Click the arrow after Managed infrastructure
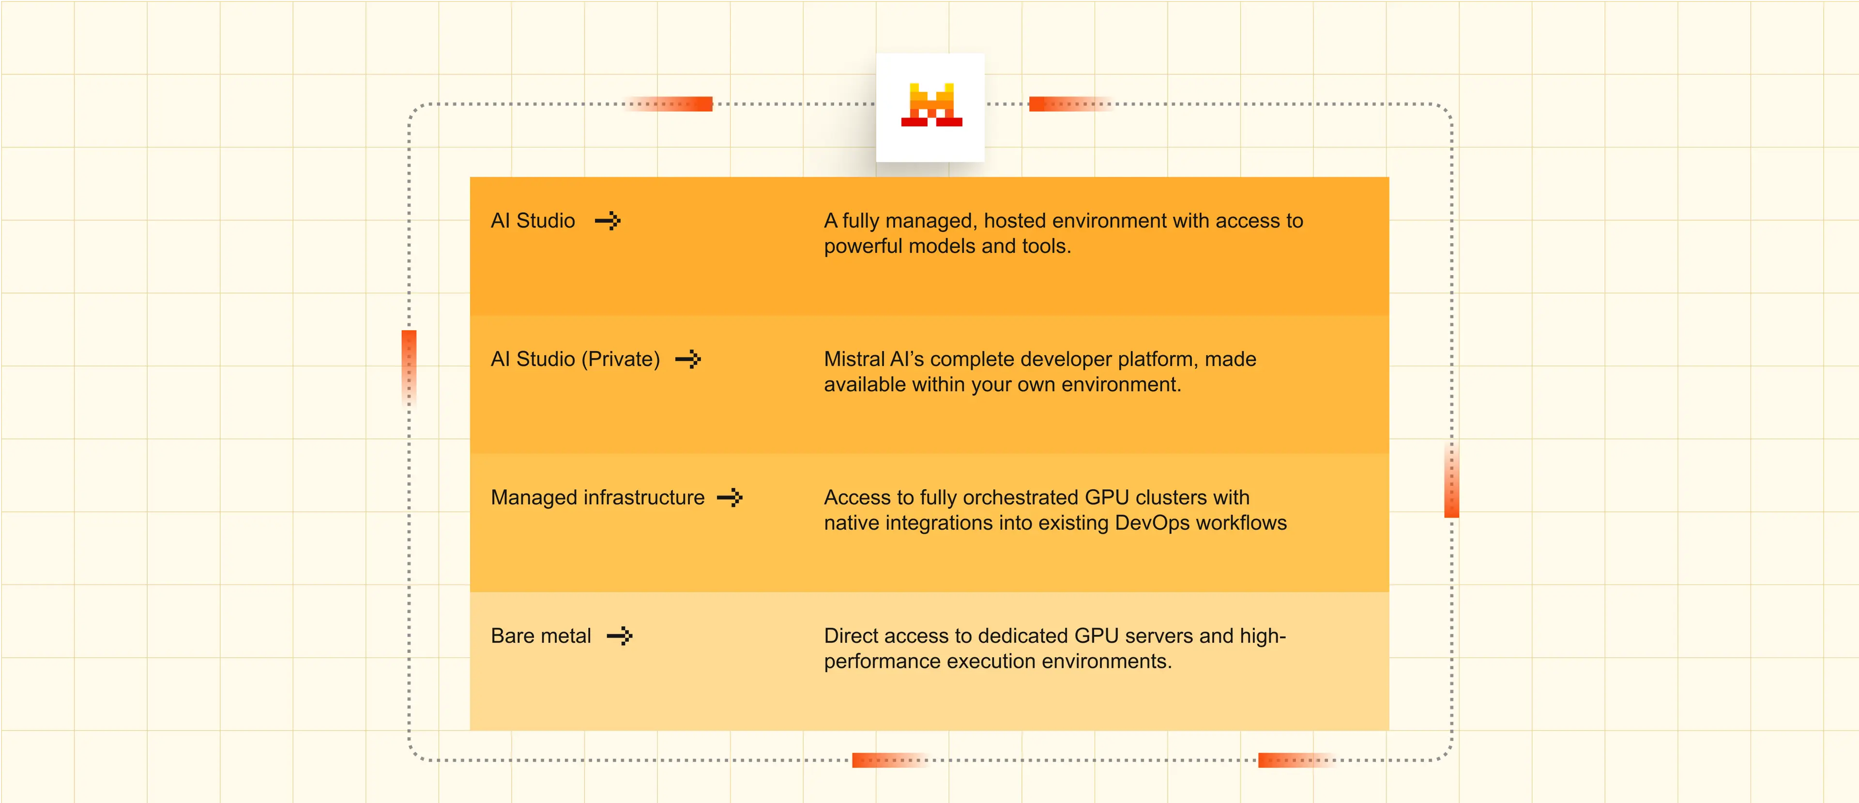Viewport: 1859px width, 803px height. coord(730,497)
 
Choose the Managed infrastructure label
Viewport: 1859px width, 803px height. coord(597,497)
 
